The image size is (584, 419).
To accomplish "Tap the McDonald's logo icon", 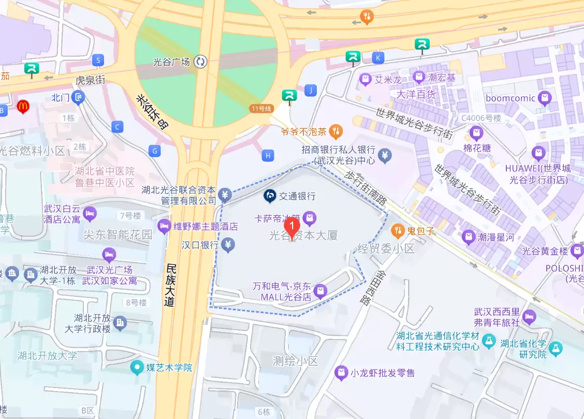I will pyautogui.click(x=23, y=107).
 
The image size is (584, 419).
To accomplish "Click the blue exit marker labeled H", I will pyautogui.click(x=268, y=155).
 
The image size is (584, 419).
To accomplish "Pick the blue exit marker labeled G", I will pyautogui.click(x=154, y=151).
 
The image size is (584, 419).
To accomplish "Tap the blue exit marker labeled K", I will pyautogui.click(x=379, y=57).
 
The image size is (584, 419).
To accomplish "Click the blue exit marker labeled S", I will pyautogui.click(x=97, y=60).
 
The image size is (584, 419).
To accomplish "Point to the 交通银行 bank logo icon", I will pyautogui.click(x=269, y=196).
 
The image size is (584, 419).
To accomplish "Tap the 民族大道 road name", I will pyautogui.click(x=170, y=285).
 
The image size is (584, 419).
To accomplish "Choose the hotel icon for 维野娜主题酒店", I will pyautogui.click(x=164, y=226).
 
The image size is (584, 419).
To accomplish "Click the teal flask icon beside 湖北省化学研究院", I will pyautogui.click(x=556, y=348).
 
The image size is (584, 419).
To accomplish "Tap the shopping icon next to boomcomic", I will pyautogui.click(x=545, y=97).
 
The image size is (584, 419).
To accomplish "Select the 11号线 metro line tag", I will pyautogui.click(x=260, y=109).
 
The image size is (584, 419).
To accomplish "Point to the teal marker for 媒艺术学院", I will pyautogui.click(x=137, y=368).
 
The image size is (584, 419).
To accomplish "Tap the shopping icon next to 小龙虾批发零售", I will pyautogui.click(x=341, y=372).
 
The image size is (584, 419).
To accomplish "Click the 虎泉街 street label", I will pyautogui.click(x=91, y=80).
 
